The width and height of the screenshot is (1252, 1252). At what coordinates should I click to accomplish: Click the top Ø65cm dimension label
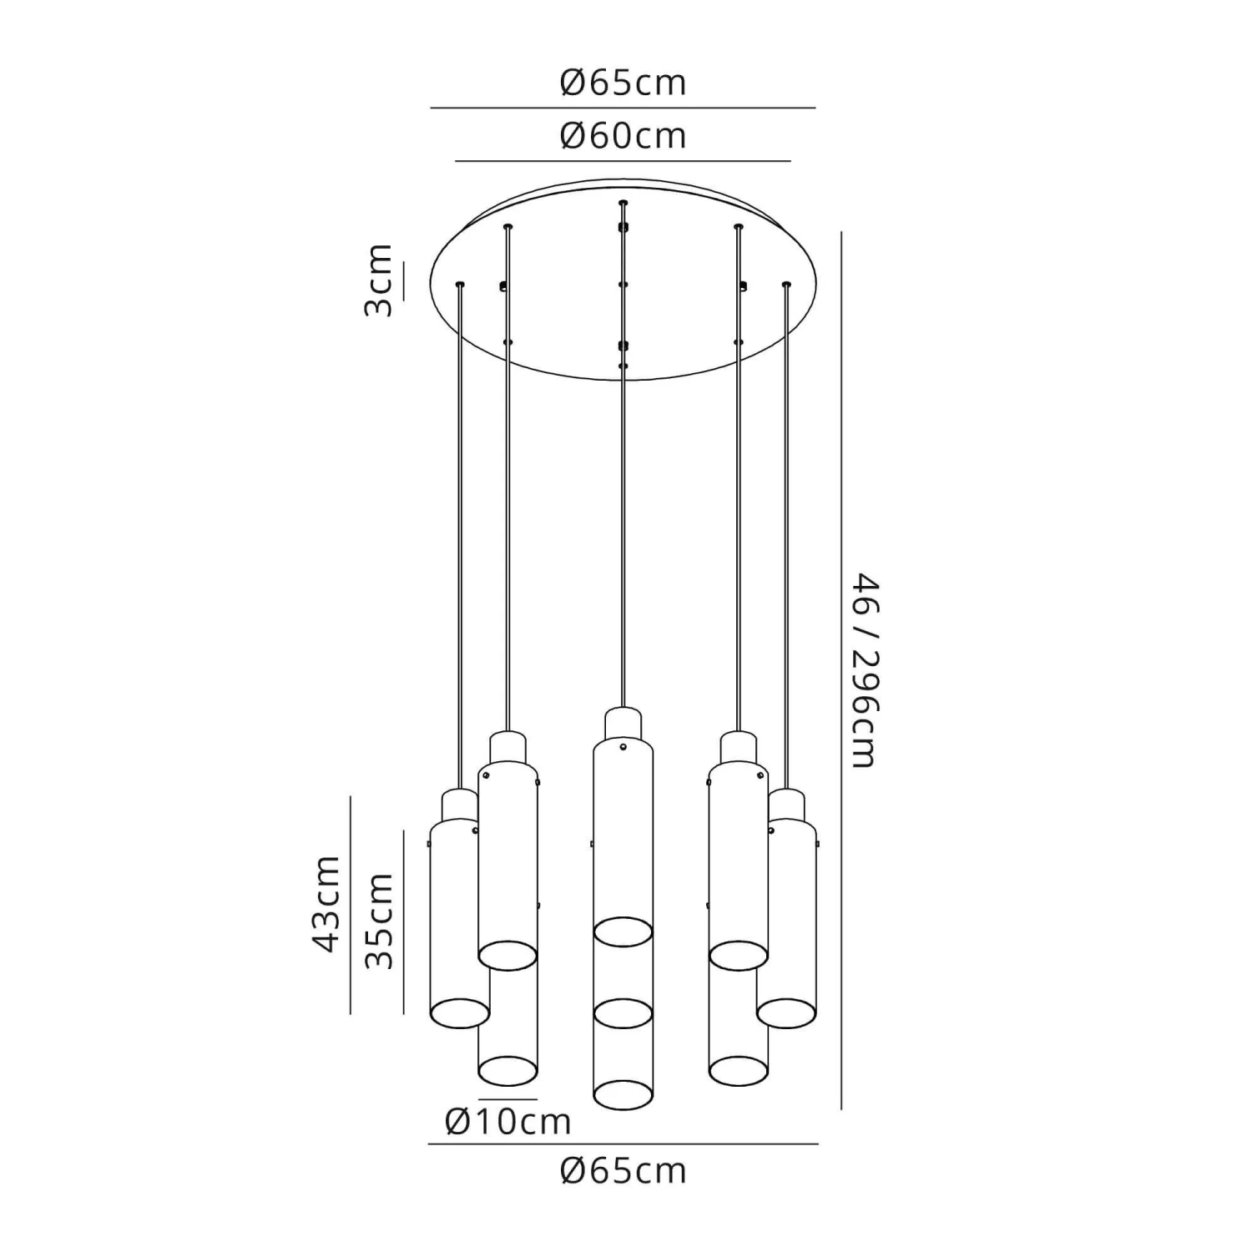coord(623,83)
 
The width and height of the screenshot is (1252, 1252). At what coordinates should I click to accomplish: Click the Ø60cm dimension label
coord(623,135)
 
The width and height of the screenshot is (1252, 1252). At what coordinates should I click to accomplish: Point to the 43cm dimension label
coord(326,903)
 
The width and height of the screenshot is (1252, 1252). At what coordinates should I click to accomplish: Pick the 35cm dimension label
coord(379,921)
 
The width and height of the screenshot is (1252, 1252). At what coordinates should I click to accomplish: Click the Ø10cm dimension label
coord(508,1121)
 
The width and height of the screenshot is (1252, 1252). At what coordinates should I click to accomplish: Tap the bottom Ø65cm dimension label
coord(623,1171)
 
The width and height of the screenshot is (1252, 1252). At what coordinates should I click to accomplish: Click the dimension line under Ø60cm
coord(623,160)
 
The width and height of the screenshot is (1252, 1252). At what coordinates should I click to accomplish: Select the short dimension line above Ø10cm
coord(507,1098)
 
